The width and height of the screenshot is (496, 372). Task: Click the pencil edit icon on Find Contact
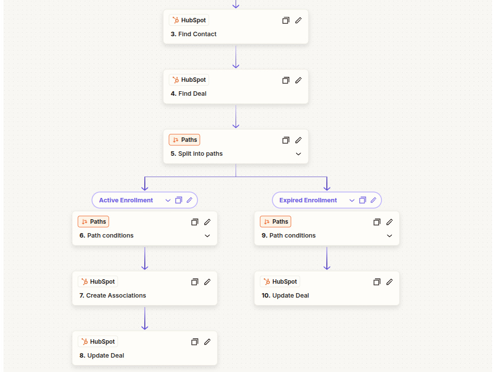pyautogui.click(x=298, y=20)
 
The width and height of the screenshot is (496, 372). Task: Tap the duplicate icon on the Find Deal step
pyautogui.click(x=286, y=80)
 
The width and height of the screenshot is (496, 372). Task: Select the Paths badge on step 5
pyautogui.click(x=185, y=140)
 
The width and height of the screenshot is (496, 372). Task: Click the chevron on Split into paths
pyautogui.click(x=298, y=154)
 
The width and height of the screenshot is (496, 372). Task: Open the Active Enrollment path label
pyautogui.click(x=126, y=200)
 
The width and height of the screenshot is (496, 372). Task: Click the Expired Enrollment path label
pyautogui.click(x=308, y=200)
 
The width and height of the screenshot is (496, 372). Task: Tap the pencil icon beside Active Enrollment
pyautogui.click(x=189, y=200)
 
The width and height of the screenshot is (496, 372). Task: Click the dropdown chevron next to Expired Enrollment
pyautogui.click(x=352, y=200)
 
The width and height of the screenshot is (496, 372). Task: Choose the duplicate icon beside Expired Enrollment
pyautogui.click(x=363, y=200)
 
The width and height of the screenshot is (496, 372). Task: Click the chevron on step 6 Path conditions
pyautogui.click(x=207, y=236)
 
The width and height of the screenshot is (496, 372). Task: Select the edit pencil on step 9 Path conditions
pyautogui.click(x=389, y=222)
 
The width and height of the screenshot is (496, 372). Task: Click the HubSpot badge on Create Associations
pyautogui.click(x=98, y=282)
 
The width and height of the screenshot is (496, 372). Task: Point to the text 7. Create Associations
pyautogui.click(x=113, y=296)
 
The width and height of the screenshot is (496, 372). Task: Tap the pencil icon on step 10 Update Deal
pyautogui.click(x=389, y=282)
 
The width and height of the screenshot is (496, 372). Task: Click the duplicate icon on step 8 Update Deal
pyautogui.click(x=194, y=342)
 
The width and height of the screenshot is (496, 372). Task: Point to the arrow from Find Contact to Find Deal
pyautogui.click(x=236, y=57)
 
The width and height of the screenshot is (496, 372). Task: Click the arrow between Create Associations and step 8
pyautogui.click(x=144, y=318)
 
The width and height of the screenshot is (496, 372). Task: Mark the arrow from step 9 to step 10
pyautogui.click(x=327, y=258)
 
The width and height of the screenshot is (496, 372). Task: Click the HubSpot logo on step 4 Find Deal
pyautogui.click(x=176, y=80)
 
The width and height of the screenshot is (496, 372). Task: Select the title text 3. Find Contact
pyautogui.click(x=193, y=34)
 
